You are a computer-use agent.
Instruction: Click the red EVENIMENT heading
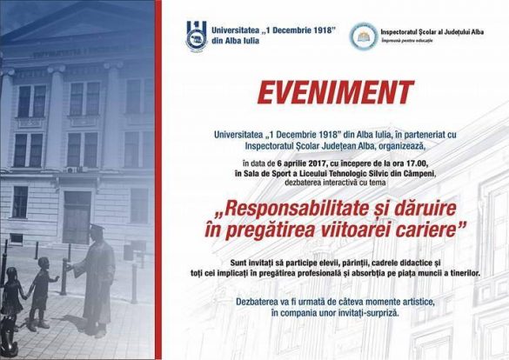coord(336,92)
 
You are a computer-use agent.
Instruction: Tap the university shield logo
coord(197,36)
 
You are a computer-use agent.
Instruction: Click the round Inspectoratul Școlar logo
coord(364,36)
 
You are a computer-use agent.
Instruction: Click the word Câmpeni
coord(419,174)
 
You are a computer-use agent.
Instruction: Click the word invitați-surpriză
coord(368,314)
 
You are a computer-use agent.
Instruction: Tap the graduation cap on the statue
coord(97,228)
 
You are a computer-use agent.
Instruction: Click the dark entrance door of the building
coord(77,217)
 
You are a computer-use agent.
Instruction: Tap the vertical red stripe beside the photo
coord(158,180)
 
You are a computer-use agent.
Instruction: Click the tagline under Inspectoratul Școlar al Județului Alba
coord(406,41)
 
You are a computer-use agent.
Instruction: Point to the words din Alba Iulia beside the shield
coord(235,41)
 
